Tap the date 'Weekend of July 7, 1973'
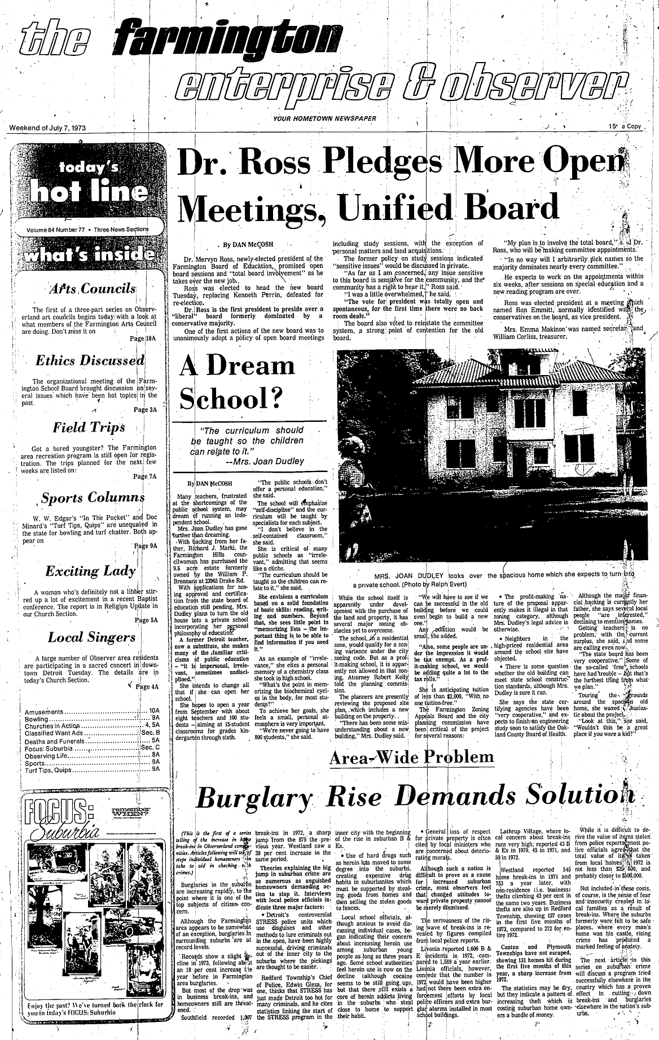pos(47,127)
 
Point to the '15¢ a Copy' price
pos(625,127)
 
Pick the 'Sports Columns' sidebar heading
pos(93,498)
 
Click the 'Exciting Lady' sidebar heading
pos(90,571)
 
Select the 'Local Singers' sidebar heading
pos(91,637)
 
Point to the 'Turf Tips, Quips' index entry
pos(48,769)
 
